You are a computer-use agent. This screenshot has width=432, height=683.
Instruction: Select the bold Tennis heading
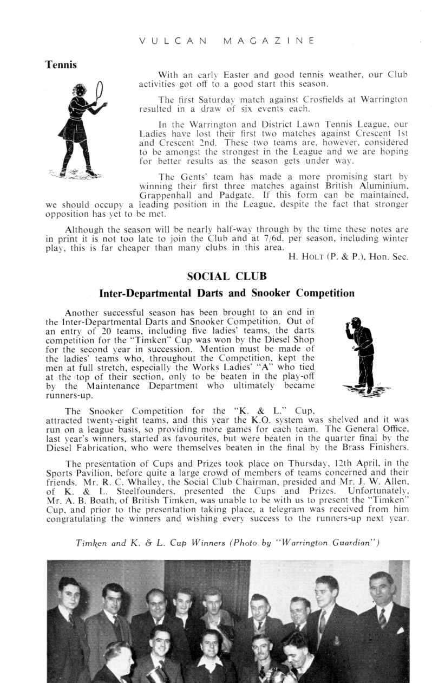click(x=61, y=65)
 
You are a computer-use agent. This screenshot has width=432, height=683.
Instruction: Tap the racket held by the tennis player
click(x=99, y=91)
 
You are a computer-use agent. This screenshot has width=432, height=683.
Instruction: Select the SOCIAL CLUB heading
click(x=226, y=276)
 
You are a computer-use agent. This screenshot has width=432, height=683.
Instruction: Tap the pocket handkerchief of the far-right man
click(x=400, y=630)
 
